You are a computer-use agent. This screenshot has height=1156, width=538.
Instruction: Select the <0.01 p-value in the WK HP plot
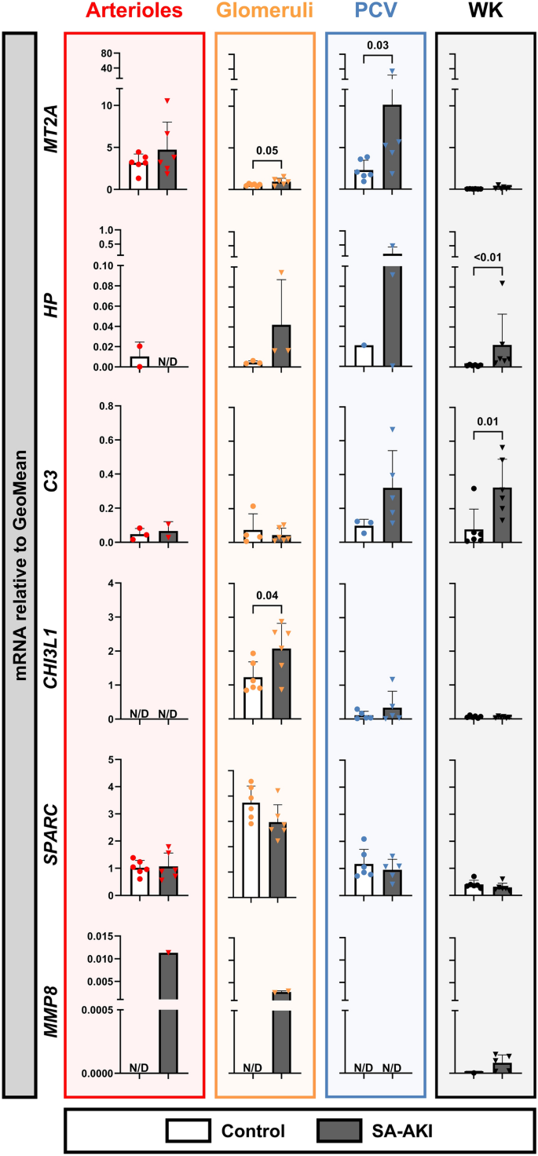point(486,257)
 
